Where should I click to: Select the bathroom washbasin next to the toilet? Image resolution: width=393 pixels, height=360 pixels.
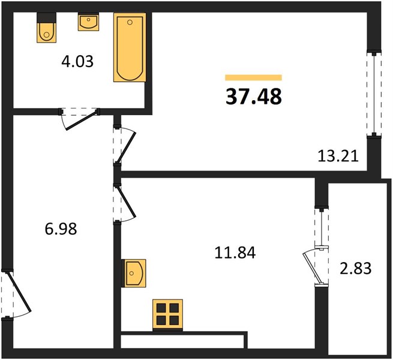pyautogui.click(x=88, y=22)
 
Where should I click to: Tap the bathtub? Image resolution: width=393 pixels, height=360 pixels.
pyautogui.click(x=130, y=47)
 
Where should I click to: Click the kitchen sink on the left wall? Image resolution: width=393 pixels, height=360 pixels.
pyautogui.click(x=134, y=273)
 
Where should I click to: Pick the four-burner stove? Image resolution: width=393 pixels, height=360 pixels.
pyautogui.click(x=167, y=314)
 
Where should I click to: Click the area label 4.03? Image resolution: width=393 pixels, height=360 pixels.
pyautogui.click(x=77, y=62)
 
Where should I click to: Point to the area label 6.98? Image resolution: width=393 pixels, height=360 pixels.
pyautogui.click(x=61, y=229)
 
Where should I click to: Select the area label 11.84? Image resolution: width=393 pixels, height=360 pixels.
pyautogui.click(x=235, y=253)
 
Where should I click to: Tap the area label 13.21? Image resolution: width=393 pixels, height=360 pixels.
pyautogui.click(x=338, y=156)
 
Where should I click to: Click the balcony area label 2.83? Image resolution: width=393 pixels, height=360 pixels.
pyautogui.click(x=355, y=268)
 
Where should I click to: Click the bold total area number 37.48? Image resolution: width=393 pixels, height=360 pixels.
pyautogui.click(x=254, y=97)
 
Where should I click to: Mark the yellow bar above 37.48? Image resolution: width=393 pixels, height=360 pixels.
pyautogui.click(x=253, y=77)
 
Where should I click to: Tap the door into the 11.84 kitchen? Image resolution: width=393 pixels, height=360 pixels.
pyautogui.click(x=127, y=203)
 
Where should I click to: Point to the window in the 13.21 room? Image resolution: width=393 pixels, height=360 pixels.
pyautogui.click(x=374, y=94)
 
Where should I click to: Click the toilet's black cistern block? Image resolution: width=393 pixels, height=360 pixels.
pyautogui.click(x=46, y=18)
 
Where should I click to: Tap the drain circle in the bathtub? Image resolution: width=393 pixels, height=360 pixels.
pyautogui.click(x=130, y=22)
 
